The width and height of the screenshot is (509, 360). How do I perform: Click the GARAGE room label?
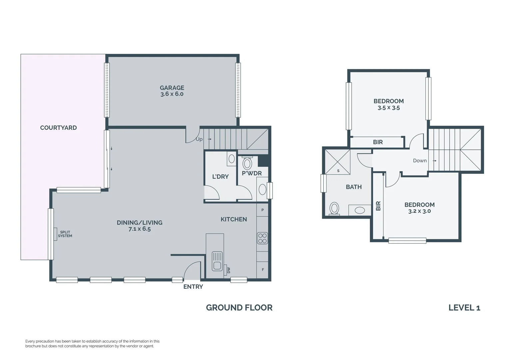[172, 88]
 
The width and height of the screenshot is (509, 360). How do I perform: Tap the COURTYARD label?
[58, 128]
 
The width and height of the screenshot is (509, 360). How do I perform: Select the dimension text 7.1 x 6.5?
[140, 229]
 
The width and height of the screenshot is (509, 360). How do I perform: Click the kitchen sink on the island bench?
[217, 261]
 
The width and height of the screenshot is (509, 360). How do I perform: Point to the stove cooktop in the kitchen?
[262, 238]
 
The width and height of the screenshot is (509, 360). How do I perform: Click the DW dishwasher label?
[229, 270]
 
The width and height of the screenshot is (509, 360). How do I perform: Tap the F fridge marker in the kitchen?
[263, 269]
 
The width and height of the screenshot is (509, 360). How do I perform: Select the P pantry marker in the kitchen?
[262, 210]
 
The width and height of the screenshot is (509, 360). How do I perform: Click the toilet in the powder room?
[247, 163]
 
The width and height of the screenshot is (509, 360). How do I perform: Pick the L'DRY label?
[220, 177]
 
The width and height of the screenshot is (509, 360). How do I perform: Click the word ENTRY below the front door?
[193, 287]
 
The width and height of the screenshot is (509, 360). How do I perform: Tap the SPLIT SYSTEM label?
[65, 234]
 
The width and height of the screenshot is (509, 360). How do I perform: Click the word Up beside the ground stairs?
[199, 139]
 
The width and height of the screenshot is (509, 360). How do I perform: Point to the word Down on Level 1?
[420, 161]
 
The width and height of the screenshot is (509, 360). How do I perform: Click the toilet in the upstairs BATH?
[334, 209]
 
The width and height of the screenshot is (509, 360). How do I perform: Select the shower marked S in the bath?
[338, 162]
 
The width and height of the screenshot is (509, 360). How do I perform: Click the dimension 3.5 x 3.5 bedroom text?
[388, 108]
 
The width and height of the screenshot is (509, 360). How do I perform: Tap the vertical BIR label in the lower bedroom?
[378, 206]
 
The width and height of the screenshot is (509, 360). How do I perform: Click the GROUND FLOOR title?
[239, 308]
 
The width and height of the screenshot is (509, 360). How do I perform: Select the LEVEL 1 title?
[464, 308]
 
